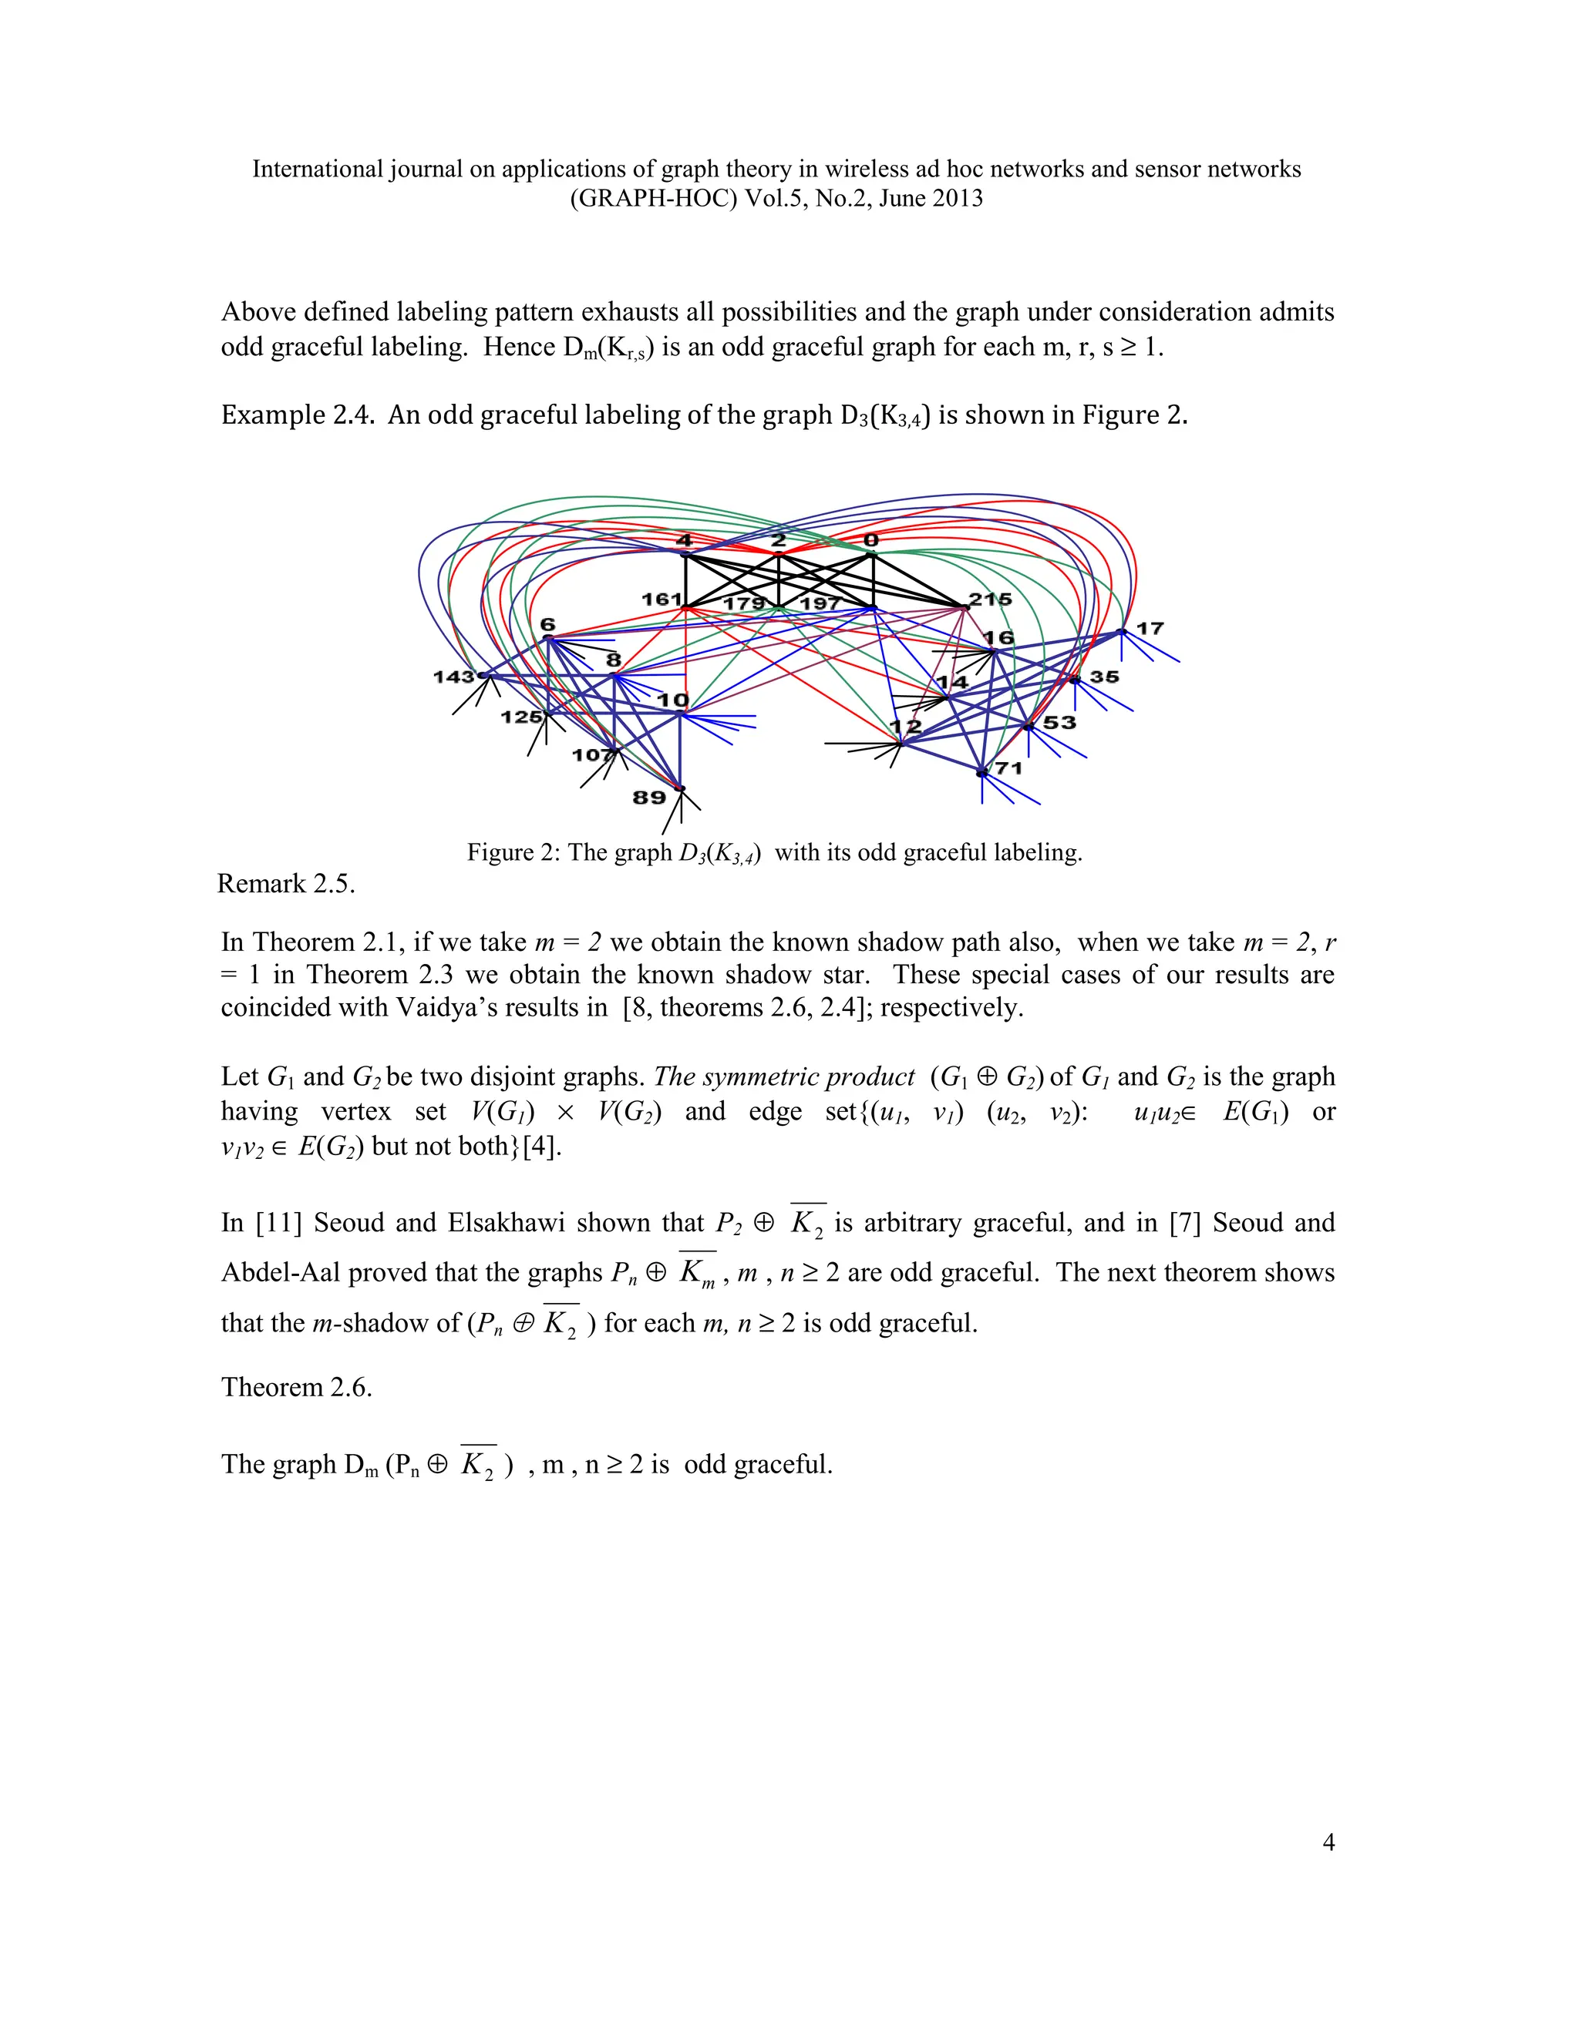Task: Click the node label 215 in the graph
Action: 990,600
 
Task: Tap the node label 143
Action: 453,676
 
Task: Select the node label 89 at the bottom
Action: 649,798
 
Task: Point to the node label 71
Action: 1008,768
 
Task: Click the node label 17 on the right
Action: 1150,628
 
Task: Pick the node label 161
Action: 662,600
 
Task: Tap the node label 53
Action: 1060,723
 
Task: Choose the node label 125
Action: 521,717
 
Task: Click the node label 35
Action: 1105,677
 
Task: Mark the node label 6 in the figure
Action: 547,625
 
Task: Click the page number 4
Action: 1328,1842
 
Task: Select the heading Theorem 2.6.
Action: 297,1386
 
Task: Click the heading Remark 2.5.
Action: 286,884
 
